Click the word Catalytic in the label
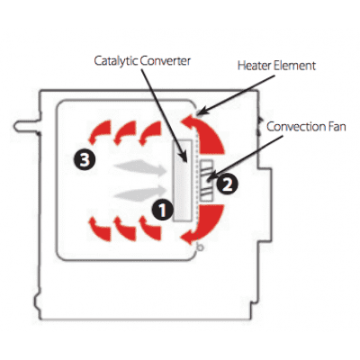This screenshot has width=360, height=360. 116,61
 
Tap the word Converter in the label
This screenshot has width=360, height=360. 166,61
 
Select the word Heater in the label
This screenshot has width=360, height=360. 254,66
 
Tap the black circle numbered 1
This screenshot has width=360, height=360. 162,210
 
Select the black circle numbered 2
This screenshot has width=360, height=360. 228,184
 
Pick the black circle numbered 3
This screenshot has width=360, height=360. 85,159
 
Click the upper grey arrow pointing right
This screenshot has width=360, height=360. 141,167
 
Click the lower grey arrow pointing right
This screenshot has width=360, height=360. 141,193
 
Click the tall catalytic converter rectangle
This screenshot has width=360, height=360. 183,181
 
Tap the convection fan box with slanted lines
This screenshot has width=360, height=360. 206,181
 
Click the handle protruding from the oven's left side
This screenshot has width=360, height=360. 27,126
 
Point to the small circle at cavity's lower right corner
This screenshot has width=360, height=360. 201,247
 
